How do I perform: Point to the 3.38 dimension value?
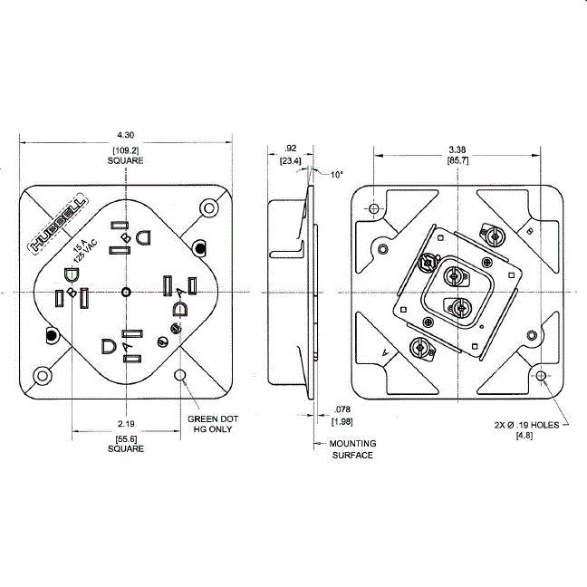457,149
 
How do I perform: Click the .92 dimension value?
291,148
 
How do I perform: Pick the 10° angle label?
336,174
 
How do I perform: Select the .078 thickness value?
342,409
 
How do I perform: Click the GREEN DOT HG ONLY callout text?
210,424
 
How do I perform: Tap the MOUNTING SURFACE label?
351,449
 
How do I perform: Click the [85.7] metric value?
457,160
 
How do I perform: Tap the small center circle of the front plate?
126,292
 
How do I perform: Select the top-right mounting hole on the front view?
210,209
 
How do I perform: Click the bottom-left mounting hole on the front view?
42,375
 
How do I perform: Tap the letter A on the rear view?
385,351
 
